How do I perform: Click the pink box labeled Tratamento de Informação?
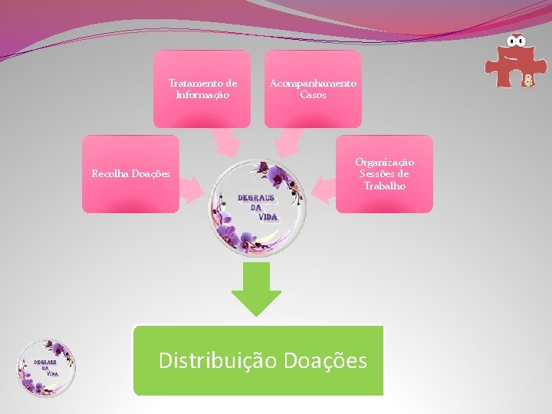coord(202,89)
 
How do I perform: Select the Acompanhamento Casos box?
coord(313,89)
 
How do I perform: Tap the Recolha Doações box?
coord(130,174)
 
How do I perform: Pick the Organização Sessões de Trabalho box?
coord(384,174)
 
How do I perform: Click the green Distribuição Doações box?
coord(258,360)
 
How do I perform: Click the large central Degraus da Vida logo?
coord(258,207)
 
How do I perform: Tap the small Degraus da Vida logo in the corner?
coord(46,368)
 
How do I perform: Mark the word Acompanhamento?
coord(313,83)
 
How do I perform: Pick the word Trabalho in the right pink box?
coord(385,186)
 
